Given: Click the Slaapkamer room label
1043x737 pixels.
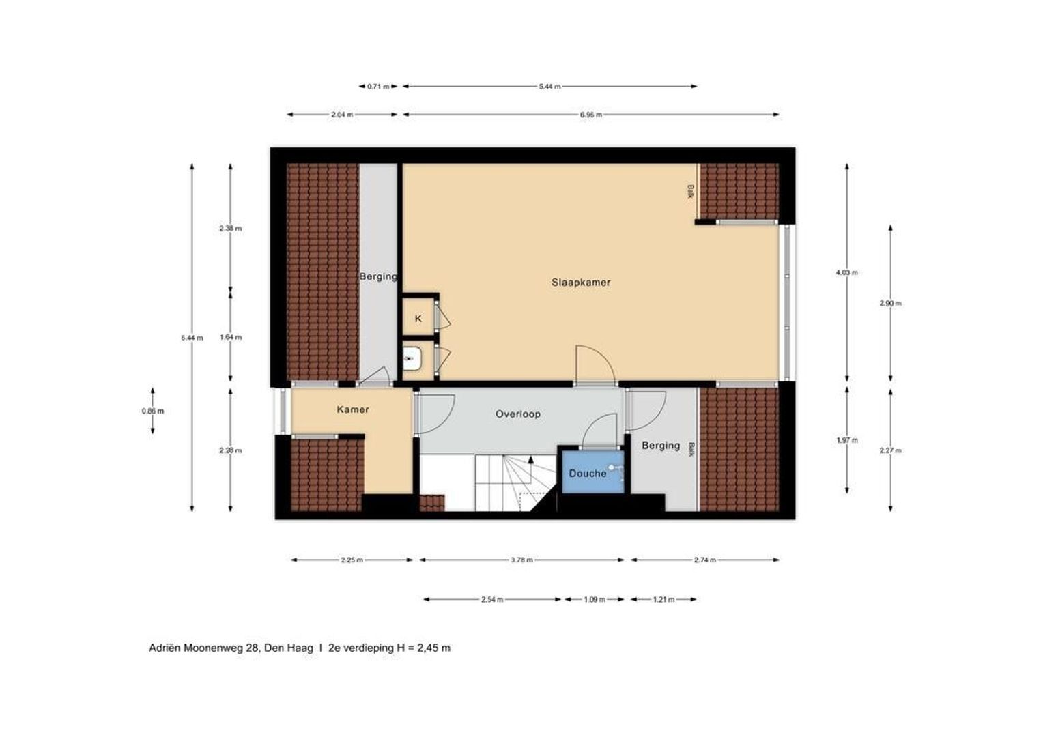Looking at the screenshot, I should click(581, 282).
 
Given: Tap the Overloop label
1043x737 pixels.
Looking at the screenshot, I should click(518, 414).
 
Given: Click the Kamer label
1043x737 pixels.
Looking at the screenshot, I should click(353, 409).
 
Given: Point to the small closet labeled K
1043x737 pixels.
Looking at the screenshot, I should click(418, 319).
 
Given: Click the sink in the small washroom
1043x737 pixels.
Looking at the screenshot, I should click(411, 358).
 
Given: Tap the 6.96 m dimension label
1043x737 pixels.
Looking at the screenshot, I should click(590, 115).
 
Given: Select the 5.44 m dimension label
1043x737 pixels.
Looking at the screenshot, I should click(549, 87).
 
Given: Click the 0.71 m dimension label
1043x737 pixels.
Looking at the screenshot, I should click(378, 87).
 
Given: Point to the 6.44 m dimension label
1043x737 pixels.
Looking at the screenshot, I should click(192, 338).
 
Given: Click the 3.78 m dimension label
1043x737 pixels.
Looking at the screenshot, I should click(521, 560).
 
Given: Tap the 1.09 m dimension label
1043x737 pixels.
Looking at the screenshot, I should click(594, 600).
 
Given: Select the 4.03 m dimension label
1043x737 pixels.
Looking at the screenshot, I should click(846, 272).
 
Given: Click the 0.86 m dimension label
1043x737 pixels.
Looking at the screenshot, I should click(152, 411).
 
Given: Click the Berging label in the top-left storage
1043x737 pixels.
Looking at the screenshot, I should click(378, 276).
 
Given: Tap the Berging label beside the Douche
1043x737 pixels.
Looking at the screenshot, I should click(661, 446).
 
